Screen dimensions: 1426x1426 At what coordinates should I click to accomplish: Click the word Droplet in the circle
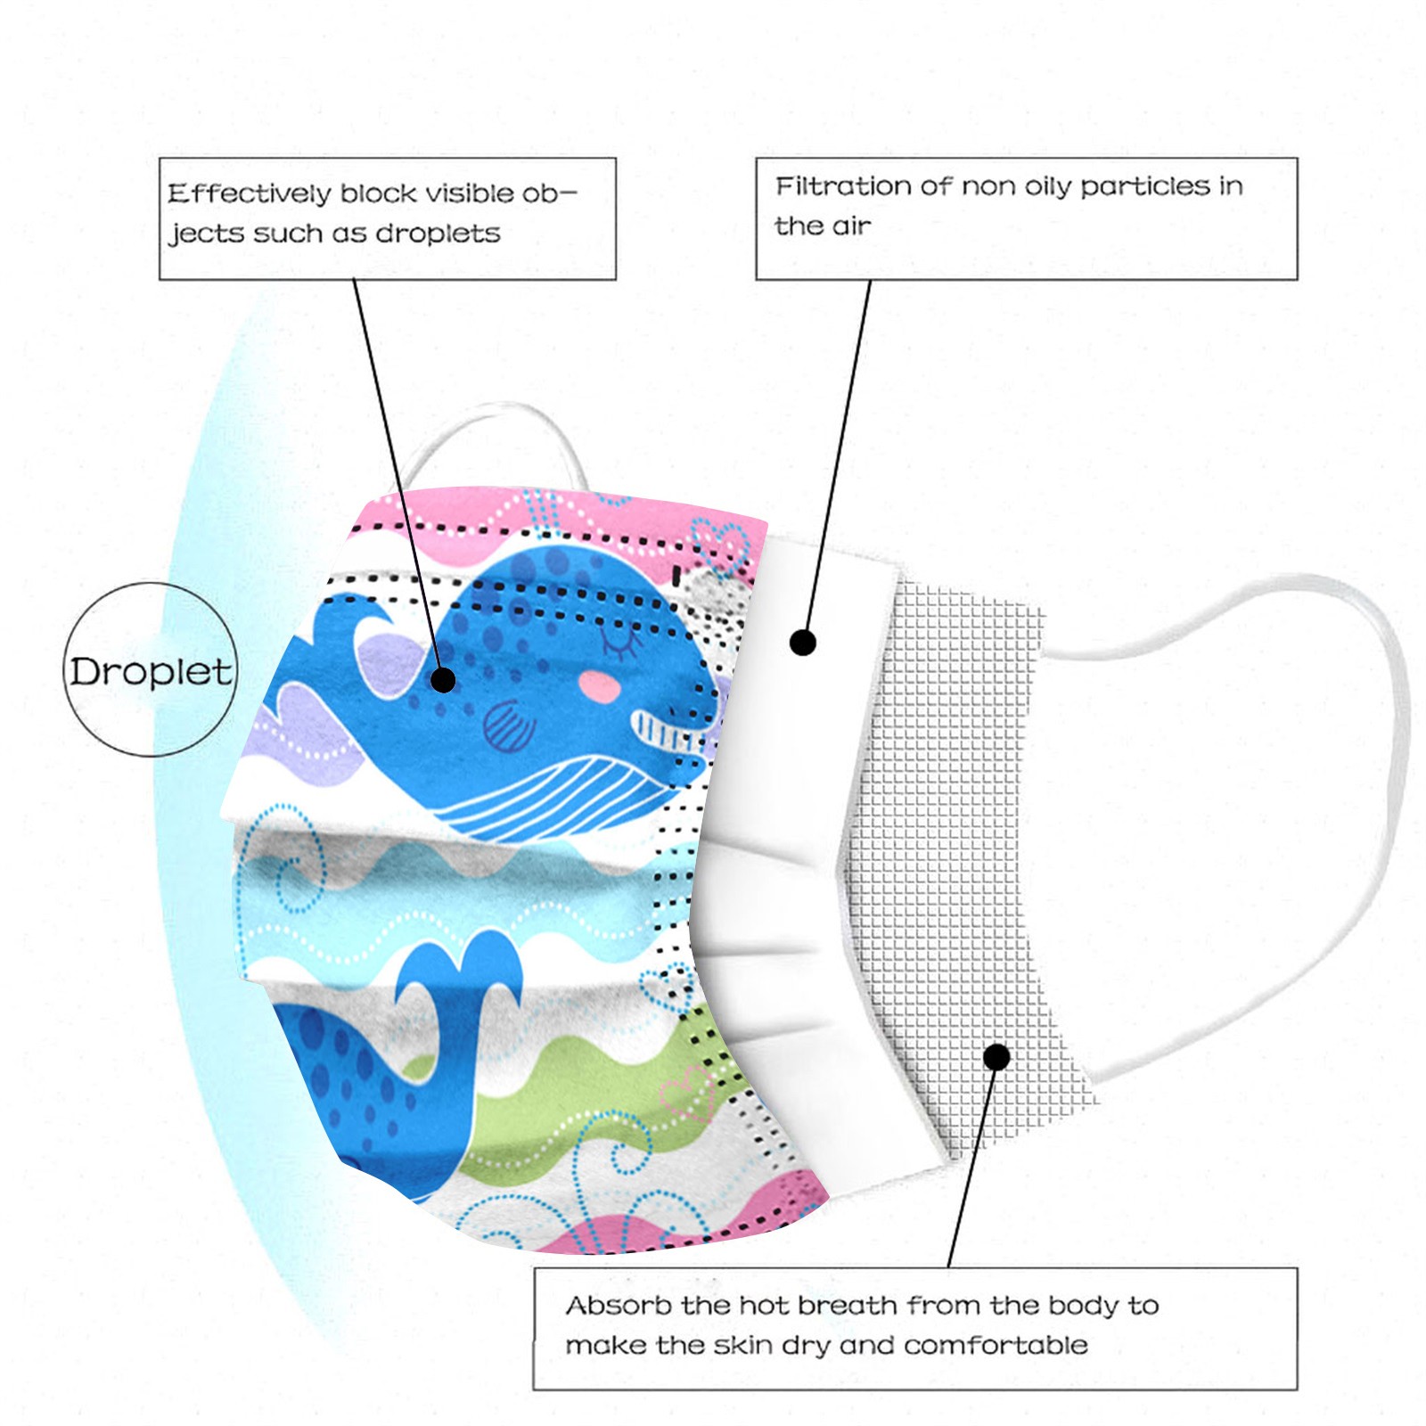(x=151, y=672)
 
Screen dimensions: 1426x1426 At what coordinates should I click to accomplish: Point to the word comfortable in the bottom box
(x=996, y=1345)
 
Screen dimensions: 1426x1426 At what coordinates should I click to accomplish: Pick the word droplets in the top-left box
(x=438, y=234)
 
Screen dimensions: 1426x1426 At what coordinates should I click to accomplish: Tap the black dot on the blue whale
(x=443, y=680)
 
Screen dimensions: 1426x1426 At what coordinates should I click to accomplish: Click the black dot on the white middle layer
(x=803, y=642)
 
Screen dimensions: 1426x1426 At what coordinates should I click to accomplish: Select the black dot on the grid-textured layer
(x=996, y=1057)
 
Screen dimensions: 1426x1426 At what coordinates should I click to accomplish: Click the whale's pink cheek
(x=599, y=685)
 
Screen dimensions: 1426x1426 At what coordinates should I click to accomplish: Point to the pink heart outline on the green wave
(x=686, y=1092)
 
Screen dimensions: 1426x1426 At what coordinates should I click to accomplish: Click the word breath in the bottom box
(x=847, y=1306)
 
